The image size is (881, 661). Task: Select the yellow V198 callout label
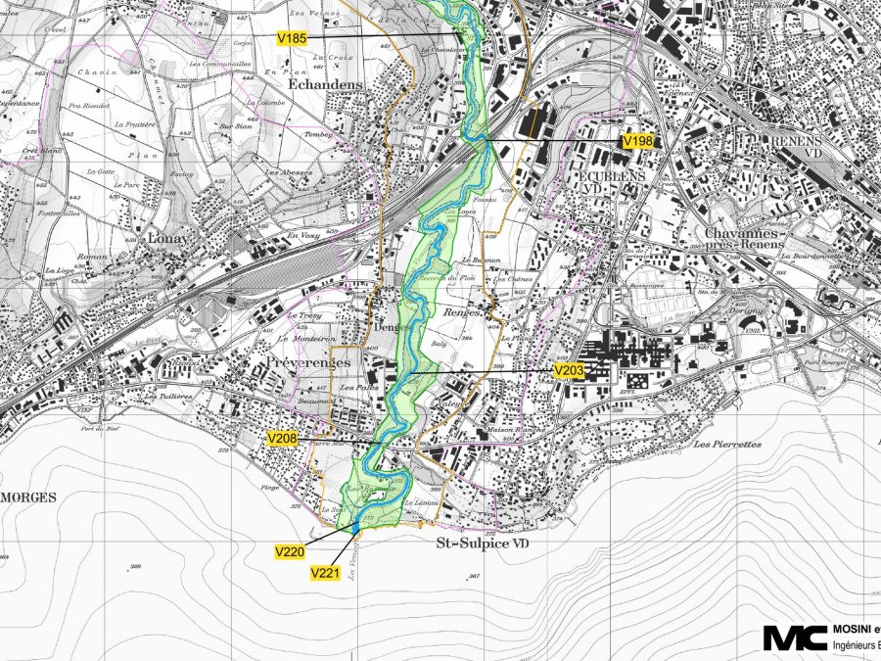click(637, 141)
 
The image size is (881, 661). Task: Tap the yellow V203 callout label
click(569, 371)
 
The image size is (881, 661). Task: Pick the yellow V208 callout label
click(282, 441)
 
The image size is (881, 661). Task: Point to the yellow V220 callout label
click(289, 552)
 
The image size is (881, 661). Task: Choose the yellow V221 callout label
click(324, 572)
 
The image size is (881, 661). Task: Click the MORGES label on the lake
click(28, 497)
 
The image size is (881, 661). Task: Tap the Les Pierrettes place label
click(726, 444)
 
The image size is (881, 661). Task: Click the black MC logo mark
click(794, 637)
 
